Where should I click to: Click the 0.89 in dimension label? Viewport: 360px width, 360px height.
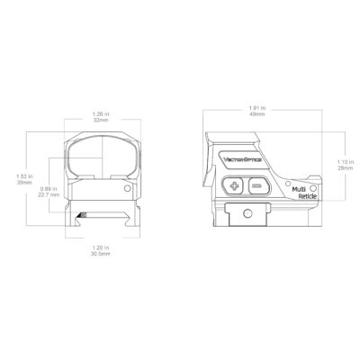pyautogui.click(x=50, y=187)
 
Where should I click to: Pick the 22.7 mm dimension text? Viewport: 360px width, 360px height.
pyautogui.click(x=49, y=193)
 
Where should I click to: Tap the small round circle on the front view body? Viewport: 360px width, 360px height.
pyautogui.click(x=122, y=191)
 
